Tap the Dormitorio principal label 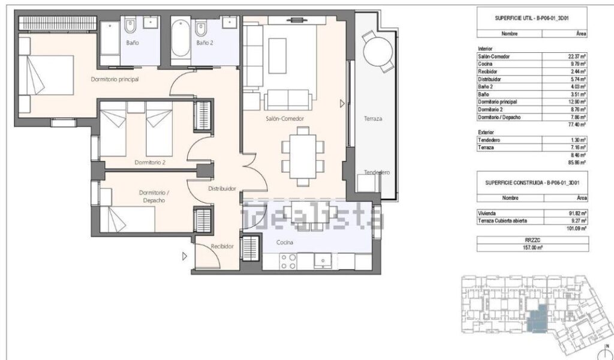coord(115,79)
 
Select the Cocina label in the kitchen coord(285,242)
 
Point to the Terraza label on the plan coord(373,118)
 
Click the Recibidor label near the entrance coord(222,247)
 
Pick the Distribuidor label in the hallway coord(222,188)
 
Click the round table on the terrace coord(378,52)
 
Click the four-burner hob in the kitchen coord(288,262)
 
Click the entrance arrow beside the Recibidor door coord(185,256)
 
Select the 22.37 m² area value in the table coord(577,56)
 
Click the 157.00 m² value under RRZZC coord(533,248)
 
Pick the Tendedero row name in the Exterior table coord(489,140)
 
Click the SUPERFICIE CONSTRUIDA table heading coord(532,182)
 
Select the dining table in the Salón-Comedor coord(303,157)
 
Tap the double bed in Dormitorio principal coord(46,75)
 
